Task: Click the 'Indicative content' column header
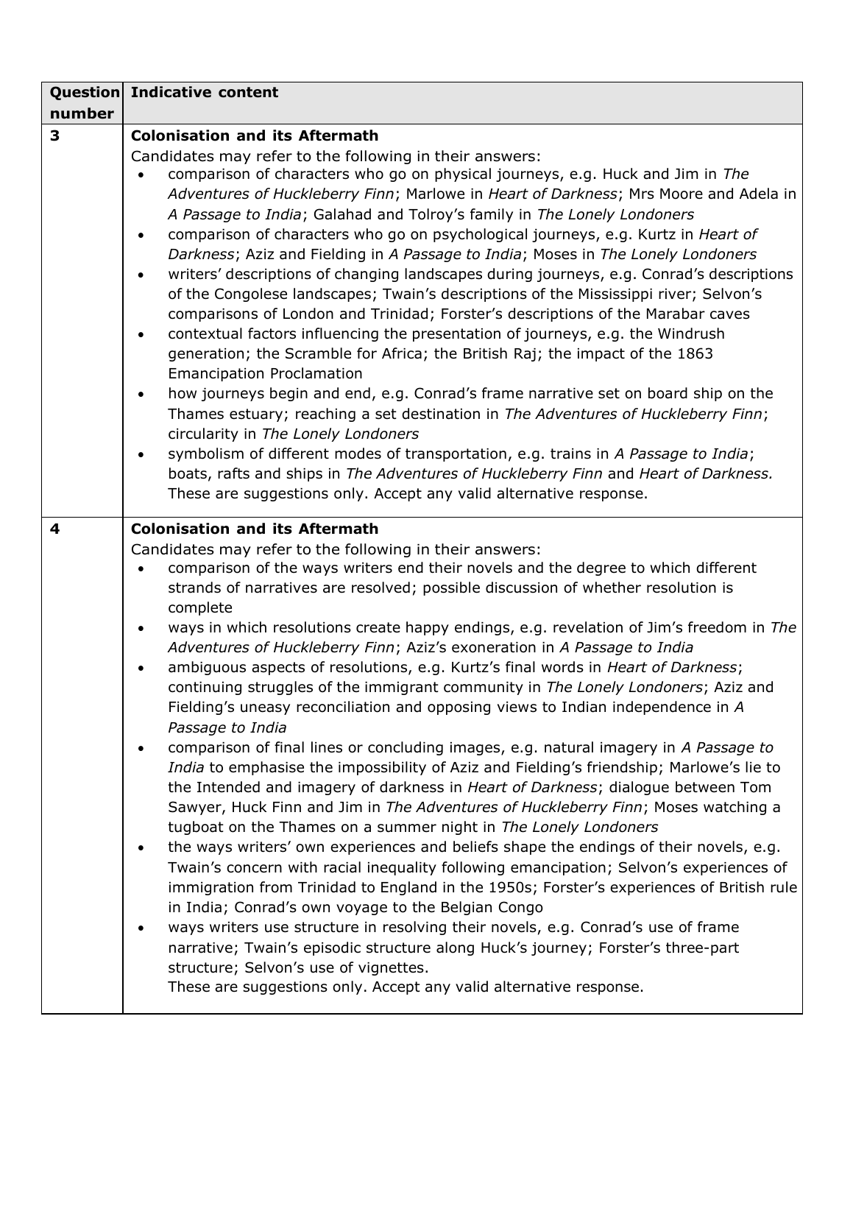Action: pos(205,93)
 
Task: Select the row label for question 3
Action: pos(54,135)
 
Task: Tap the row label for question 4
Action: pos(54,529)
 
